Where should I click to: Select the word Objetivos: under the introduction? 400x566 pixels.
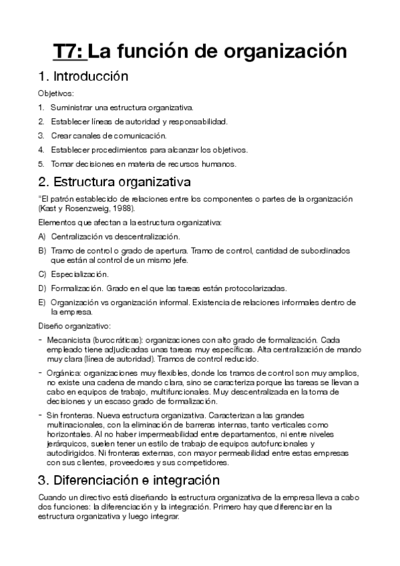(56, 93)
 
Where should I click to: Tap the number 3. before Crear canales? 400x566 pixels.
(41, 135)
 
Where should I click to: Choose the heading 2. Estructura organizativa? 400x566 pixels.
(114, 182)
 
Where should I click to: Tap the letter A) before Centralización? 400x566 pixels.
(42, 236)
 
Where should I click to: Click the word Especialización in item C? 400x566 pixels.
(79, 274)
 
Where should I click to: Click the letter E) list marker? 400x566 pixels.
(42, 302)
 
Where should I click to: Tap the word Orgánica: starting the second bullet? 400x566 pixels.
(65, 372)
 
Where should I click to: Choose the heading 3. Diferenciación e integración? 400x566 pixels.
(129, 479)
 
